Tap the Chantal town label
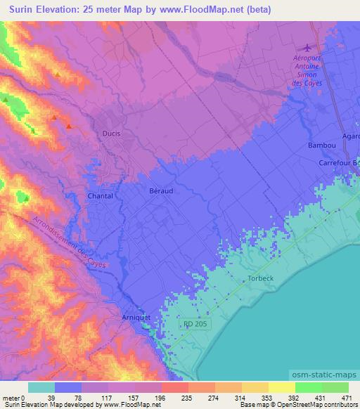point(99,196)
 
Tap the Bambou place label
point(321,145)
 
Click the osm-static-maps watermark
point(323,375)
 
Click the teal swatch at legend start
point(41,387)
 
